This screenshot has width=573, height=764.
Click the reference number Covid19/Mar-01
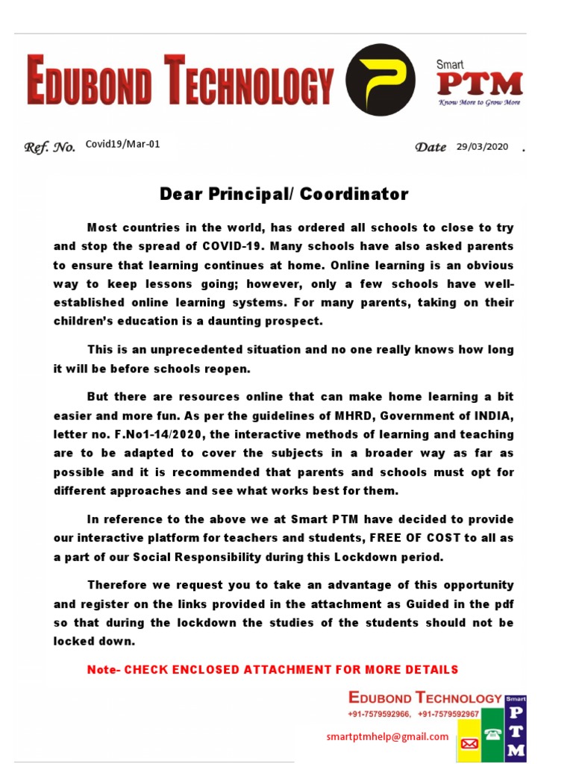pyautogui.click(x=122, y=145)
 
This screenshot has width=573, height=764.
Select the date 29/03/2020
pyautogui.click(x=482, y=147)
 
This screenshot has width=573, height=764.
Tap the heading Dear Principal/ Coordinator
pyautogui.click(x=284, y=195)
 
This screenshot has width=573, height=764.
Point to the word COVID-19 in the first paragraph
pyautogui.click(x=233, y=245)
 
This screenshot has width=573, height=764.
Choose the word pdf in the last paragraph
pyautogui.click(x=503, y=604)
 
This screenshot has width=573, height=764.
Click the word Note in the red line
pyautogui.click(x=102, y=670)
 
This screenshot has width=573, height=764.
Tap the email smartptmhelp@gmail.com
pyautogui.click(x=387, y=736)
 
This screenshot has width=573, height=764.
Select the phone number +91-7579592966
pyautogui.click(x=379, y=714)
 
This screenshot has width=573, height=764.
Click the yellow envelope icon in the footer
pyautogui.click(x=469, y=743)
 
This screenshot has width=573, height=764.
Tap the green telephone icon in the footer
pyautogui.click(x=492, y=735)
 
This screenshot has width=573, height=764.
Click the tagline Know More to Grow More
pyautogui.click(x=479, y=102)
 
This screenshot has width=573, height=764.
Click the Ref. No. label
pyautogui.click(x=50, y=148)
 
